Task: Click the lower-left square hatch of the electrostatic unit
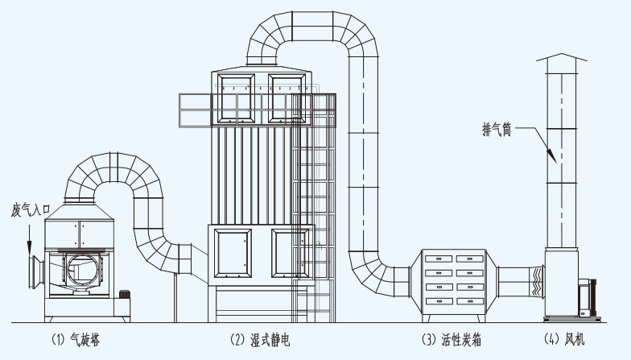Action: (x=233, y=251)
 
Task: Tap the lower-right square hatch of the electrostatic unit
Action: (x=291, y=251)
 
